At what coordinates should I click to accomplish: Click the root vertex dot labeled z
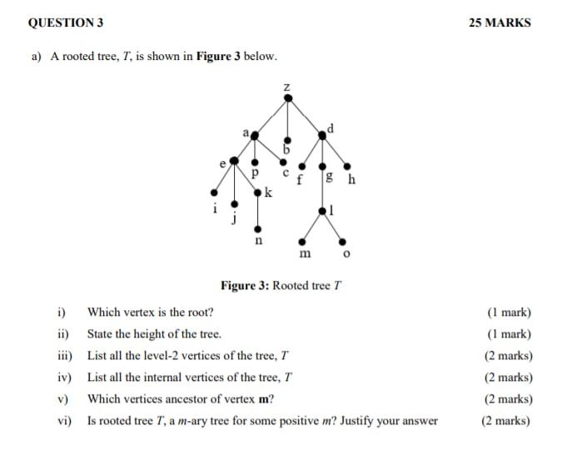287,98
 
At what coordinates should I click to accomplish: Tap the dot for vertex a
255,134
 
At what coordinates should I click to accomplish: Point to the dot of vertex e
234,159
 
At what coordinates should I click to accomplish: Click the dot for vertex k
258,193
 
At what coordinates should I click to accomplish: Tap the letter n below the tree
258,241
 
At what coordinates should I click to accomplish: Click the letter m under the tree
305,252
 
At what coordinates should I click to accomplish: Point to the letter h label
352,179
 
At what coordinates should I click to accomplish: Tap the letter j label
234,218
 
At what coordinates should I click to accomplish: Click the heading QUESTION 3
66,23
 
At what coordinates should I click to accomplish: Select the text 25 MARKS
500,23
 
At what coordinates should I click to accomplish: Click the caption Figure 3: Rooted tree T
281,286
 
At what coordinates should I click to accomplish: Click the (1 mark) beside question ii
509,334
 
